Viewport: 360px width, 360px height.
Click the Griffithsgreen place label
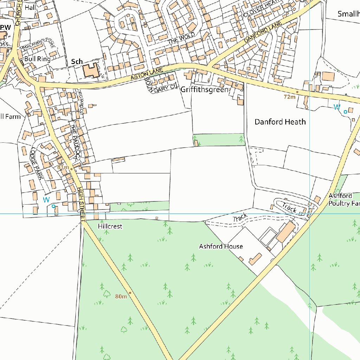[x=204, y=90]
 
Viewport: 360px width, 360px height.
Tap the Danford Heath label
[x=280, y=122]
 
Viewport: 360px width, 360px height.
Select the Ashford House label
[x=221, y=246]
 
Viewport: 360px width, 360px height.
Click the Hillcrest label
[x=110, y=226]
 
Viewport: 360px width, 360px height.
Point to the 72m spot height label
[x=290, y=97]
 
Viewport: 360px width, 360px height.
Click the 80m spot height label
[x=121, y=297]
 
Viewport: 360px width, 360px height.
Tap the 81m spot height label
[x=63, y=167]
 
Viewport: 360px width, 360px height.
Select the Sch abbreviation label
[x=77, y=62]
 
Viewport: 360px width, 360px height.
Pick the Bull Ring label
[x=37, y=59]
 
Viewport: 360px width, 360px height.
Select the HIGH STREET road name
[x=81, y=204]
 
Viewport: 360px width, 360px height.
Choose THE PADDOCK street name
[x=75, y=141]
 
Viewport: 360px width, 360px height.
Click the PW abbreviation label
[x=6, y=27]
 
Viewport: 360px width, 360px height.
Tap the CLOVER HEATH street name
[x=261, y=9]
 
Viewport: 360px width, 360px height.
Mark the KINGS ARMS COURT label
[x=38, y=45]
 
